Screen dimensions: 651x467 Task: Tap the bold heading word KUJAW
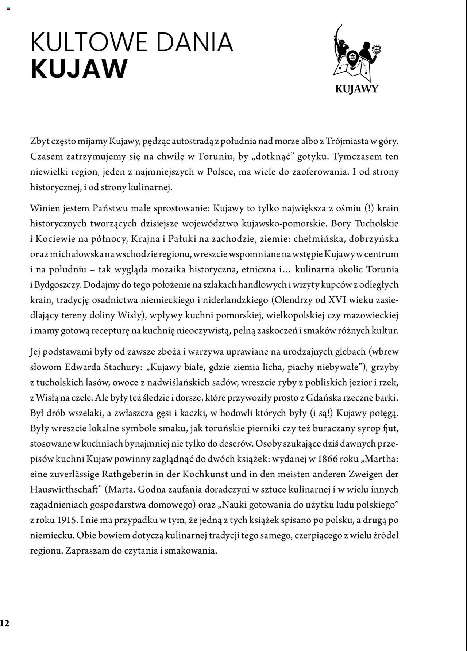(79, 69)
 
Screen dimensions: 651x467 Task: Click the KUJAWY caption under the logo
(356, 89)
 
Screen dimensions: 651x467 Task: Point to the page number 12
(5, 623)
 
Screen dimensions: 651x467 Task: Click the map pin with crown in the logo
(352, 58)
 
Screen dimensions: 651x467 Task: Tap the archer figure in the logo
(340, 44)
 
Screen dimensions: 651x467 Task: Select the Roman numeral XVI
(338, 300)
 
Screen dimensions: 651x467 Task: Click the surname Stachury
(121, 367)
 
